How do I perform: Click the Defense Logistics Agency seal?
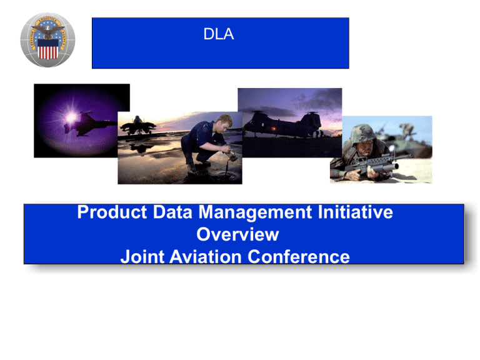pyautogui.click(x=48, y=41)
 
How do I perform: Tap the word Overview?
pyautogui.click(x=237, y=234)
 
